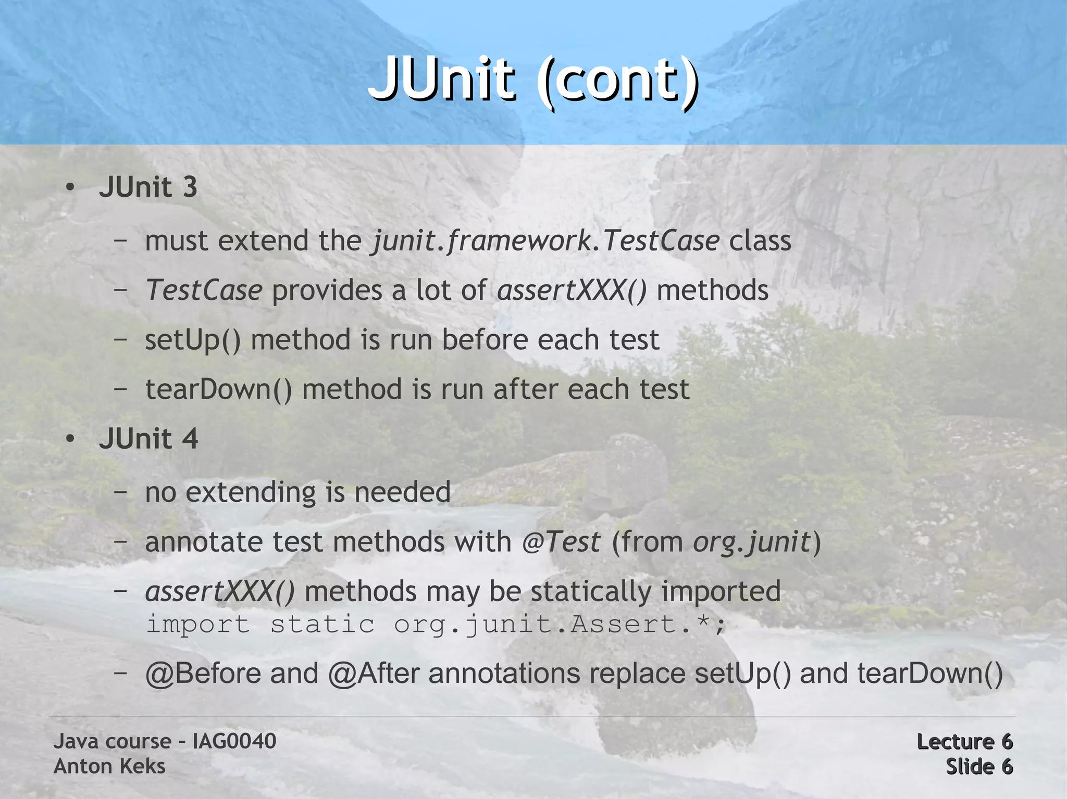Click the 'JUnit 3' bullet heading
pos(148,187)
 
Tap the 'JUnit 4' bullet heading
pos(148,438)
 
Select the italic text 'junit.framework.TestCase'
pos(545,241)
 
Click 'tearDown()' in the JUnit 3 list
pos(218,389)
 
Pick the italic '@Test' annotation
pos(561,542)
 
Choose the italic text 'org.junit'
pos(752,542)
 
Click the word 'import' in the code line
pos(197,624)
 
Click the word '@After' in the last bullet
pos(374,673)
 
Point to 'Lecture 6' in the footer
pos(964,741)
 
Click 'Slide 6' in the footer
pos(979,766)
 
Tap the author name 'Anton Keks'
pos(109,766)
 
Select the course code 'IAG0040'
pos(234,741)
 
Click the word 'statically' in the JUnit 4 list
pos(591,592)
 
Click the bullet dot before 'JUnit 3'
pos(70,187)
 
